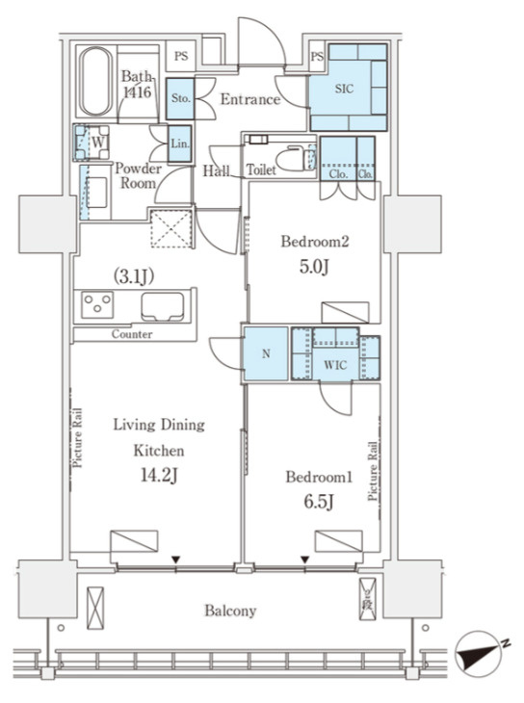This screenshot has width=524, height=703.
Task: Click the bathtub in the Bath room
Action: [95, 81]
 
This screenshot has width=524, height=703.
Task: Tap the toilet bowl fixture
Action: [291, 159]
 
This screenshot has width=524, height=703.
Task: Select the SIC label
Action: [344, 89]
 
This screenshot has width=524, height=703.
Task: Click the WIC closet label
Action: [335, 365]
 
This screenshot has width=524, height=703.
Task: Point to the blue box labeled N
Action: [266, 353]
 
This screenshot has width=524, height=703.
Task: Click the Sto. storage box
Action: [180, 98]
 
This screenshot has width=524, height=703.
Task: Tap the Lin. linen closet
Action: [180, 143]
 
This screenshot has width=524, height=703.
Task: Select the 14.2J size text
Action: [159, 475]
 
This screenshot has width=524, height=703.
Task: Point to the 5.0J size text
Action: [314, 267]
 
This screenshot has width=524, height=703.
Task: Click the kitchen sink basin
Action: [163, 306]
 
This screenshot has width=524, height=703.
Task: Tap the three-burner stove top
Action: [97, 305]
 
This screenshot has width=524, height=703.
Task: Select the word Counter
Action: [132, 334]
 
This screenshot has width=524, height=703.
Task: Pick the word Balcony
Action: [230, 611]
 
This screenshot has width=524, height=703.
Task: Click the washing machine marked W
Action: [92, 143]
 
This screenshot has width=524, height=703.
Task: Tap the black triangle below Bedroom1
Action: [305, 560]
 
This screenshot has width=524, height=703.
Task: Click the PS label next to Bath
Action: [181, 57]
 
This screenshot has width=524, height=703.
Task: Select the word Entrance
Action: [250, 99]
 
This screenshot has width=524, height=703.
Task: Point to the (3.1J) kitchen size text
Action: [134, 276]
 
